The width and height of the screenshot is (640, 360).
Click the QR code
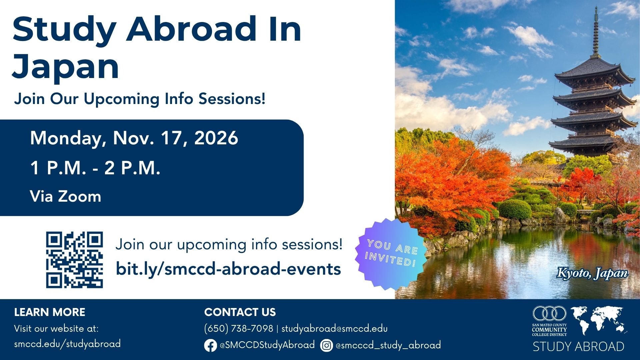point(74,260)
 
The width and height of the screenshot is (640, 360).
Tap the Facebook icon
point(210,345)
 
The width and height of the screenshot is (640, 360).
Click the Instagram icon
point(326,345)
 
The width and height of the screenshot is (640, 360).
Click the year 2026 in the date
point(216,138)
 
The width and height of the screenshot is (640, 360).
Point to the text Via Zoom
point(65,196)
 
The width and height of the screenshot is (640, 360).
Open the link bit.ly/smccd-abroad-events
point(228,269)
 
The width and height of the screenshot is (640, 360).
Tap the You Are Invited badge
point(391,254)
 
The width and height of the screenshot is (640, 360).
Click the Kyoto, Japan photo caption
point(592,273)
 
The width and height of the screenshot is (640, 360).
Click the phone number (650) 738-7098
point(239,329)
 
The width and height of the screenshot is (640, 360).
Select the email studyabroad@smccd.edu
point(334,329)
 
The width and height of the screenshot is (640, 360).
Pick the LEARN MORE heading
point(50,312)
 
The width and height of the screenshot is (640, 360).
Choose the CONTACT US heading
point(240,312)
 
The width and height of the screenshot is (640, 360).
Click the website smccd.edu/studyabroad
point(67,344)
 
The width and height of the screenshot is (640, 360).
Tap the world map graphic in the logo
point(599,320)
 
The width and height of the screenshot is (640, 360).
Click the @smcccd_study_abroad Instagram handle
point(388,345)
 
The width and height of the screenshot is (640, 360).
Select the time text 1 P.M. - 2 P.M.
point(95,168)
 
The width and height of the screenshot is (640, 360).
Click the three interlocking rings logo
point(549,314)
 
